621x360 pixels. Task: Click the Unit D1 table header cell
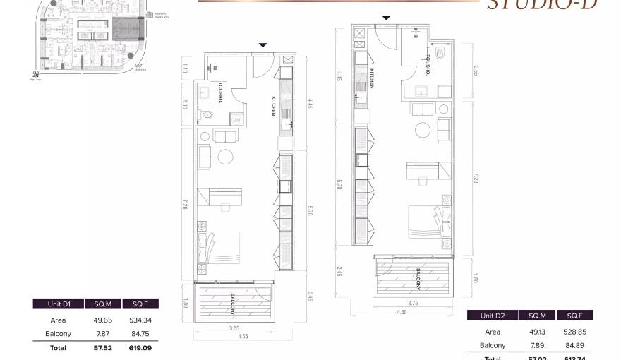[58, 304]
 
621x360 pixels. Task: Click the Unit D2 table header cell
[492, 316]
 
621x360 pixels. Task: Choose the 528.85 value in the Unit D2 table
[574, 332]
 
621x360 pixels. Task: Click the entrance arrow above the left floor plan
[263, 45]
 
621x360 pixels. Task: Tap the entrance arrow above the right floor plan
[385, 19]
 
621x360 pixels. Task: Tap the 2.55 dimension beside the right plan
[476, 71]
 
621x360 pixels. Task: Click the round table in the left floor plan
[227, 156]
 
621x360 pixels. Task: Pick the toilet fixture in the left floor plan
[207, 115]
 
